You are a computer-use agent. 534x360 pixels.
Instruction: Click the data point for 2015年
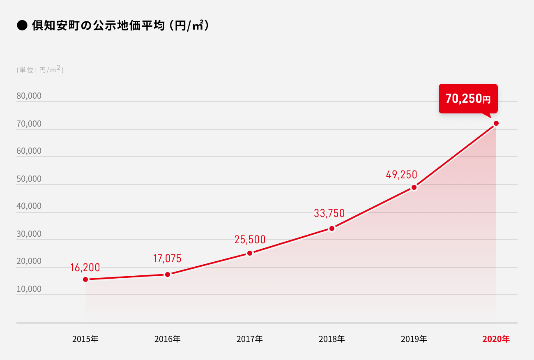click(x=85, y=279)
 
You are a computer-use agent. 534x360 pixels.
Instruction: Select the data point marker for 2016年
click(x=168, y=275)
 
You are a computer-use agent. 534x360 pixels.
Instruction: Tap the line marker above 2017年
click(x=250, y=253)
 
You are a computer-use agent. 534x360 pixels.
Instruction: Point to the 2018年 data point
click(x=332, y=228)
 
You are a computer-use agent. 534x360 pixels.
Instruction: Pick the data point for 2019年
click(x=414, y=187)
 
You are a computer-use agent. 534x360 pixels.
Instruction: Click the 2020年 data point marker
click(x=496, y=123)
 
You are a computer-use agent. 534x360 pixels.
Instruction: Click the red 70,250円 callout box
click(x=468, y=99)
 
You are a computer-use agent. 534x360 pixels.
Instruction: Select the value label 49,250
click(x=401, y=175)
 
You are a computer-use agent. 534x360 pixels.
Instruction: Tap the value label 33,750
click(x=329, y=214)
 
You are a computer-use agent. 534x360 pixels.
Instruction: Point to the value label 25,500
click(x=250, y=240)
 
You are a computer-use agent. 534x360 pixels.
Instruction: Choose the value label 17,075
click(x=167, y=259)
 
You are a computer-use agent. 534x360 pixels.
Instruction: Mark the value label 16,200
click(x=85, y=268)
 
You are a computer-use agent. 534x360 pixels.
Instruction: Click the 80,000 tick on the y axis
click(x=29, y=96)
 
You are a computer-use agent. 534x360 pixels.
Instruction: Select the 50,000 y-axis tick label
click(x=29, y=179)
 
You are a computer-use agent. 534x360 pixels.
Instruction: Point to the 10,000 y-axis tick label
click(x=29, y=289)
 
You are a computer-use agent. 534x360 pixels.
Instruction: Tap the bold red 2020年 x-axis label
click(x=496, y=339)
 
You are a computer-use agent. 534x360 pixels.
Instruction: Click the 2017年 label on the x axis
click(x=250, y=339)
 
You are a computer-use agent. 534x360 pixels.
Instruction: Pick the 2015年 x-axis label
click(x=85, y=339)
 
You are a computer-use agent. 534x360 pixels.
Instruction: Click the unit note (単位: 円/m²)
click(x=40, y=70)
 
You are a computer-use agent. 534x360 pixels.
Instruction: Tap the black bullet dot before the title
click(x=22, y=26)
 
